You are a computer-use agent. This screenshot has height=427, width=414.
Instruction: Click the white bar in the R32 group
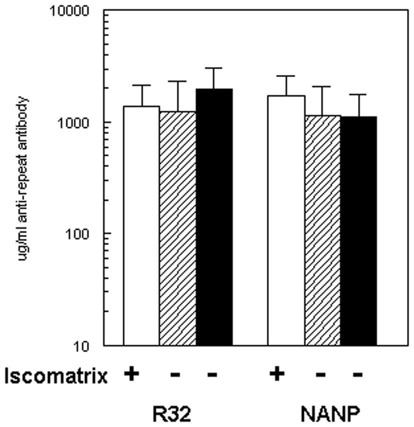click(141, 225)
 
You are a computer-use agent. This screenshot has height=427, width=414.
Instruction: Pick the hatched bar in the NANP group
click(322, 230)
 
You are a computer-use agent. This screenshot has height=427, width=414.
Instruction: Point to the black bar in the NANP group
click(358, 231)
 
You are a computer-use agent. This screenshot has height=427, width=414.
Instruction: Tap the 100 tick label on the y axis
click(84, 234)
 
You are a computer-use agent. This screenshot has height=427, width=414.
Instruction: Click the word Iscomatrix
click(56, 376)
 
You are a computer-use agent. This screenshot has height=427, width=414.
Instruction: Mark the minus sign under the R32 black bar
click(212, 375)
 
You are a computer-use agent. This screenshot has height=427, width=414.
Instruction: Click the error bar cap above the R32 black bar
click(214, 68)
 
